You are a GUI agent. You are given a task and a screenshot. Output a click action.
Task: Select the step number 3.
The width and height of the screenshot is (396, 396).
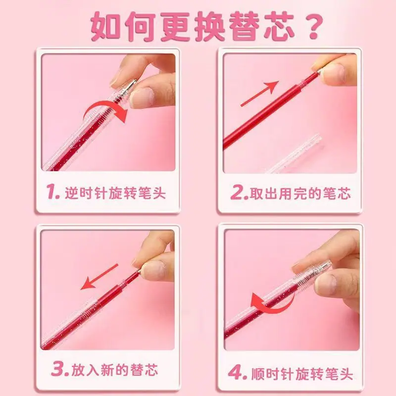pyautogui.click(x=60, y=369)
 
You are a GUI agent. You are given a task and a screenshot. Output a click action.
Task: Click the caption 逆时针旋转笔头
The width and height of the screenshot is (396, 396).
pyautogui.click(x=115, y=193)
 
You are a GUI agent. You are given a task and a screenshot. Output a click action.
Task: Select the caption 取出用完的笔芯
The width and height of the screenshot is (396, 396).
pyautogui.click(x=300, y=194)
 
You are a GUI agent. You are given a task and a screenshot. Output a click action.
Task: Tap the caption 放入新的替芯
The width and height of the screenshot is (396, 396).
pyautogui.click(x=115, y=370)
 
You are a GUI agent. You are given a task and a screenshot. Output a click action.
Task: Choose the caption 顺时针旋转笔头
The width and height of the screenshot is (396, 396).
pyautogui.click(x=302, y=373)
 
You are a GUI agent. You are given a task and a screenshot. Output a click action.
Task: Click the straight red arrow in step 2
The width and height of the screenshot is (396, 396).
pyautogui.click(x=259, y=94)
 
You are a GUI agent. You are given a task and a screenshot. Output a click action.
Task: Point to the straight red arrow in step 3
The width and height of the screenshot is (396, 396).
pyautogui.click(x=99, y=277)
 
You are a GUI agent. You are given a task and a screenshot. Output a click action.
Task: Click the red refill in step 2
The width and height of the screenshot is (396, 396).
pyautogui.click(x=270, y=110)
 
